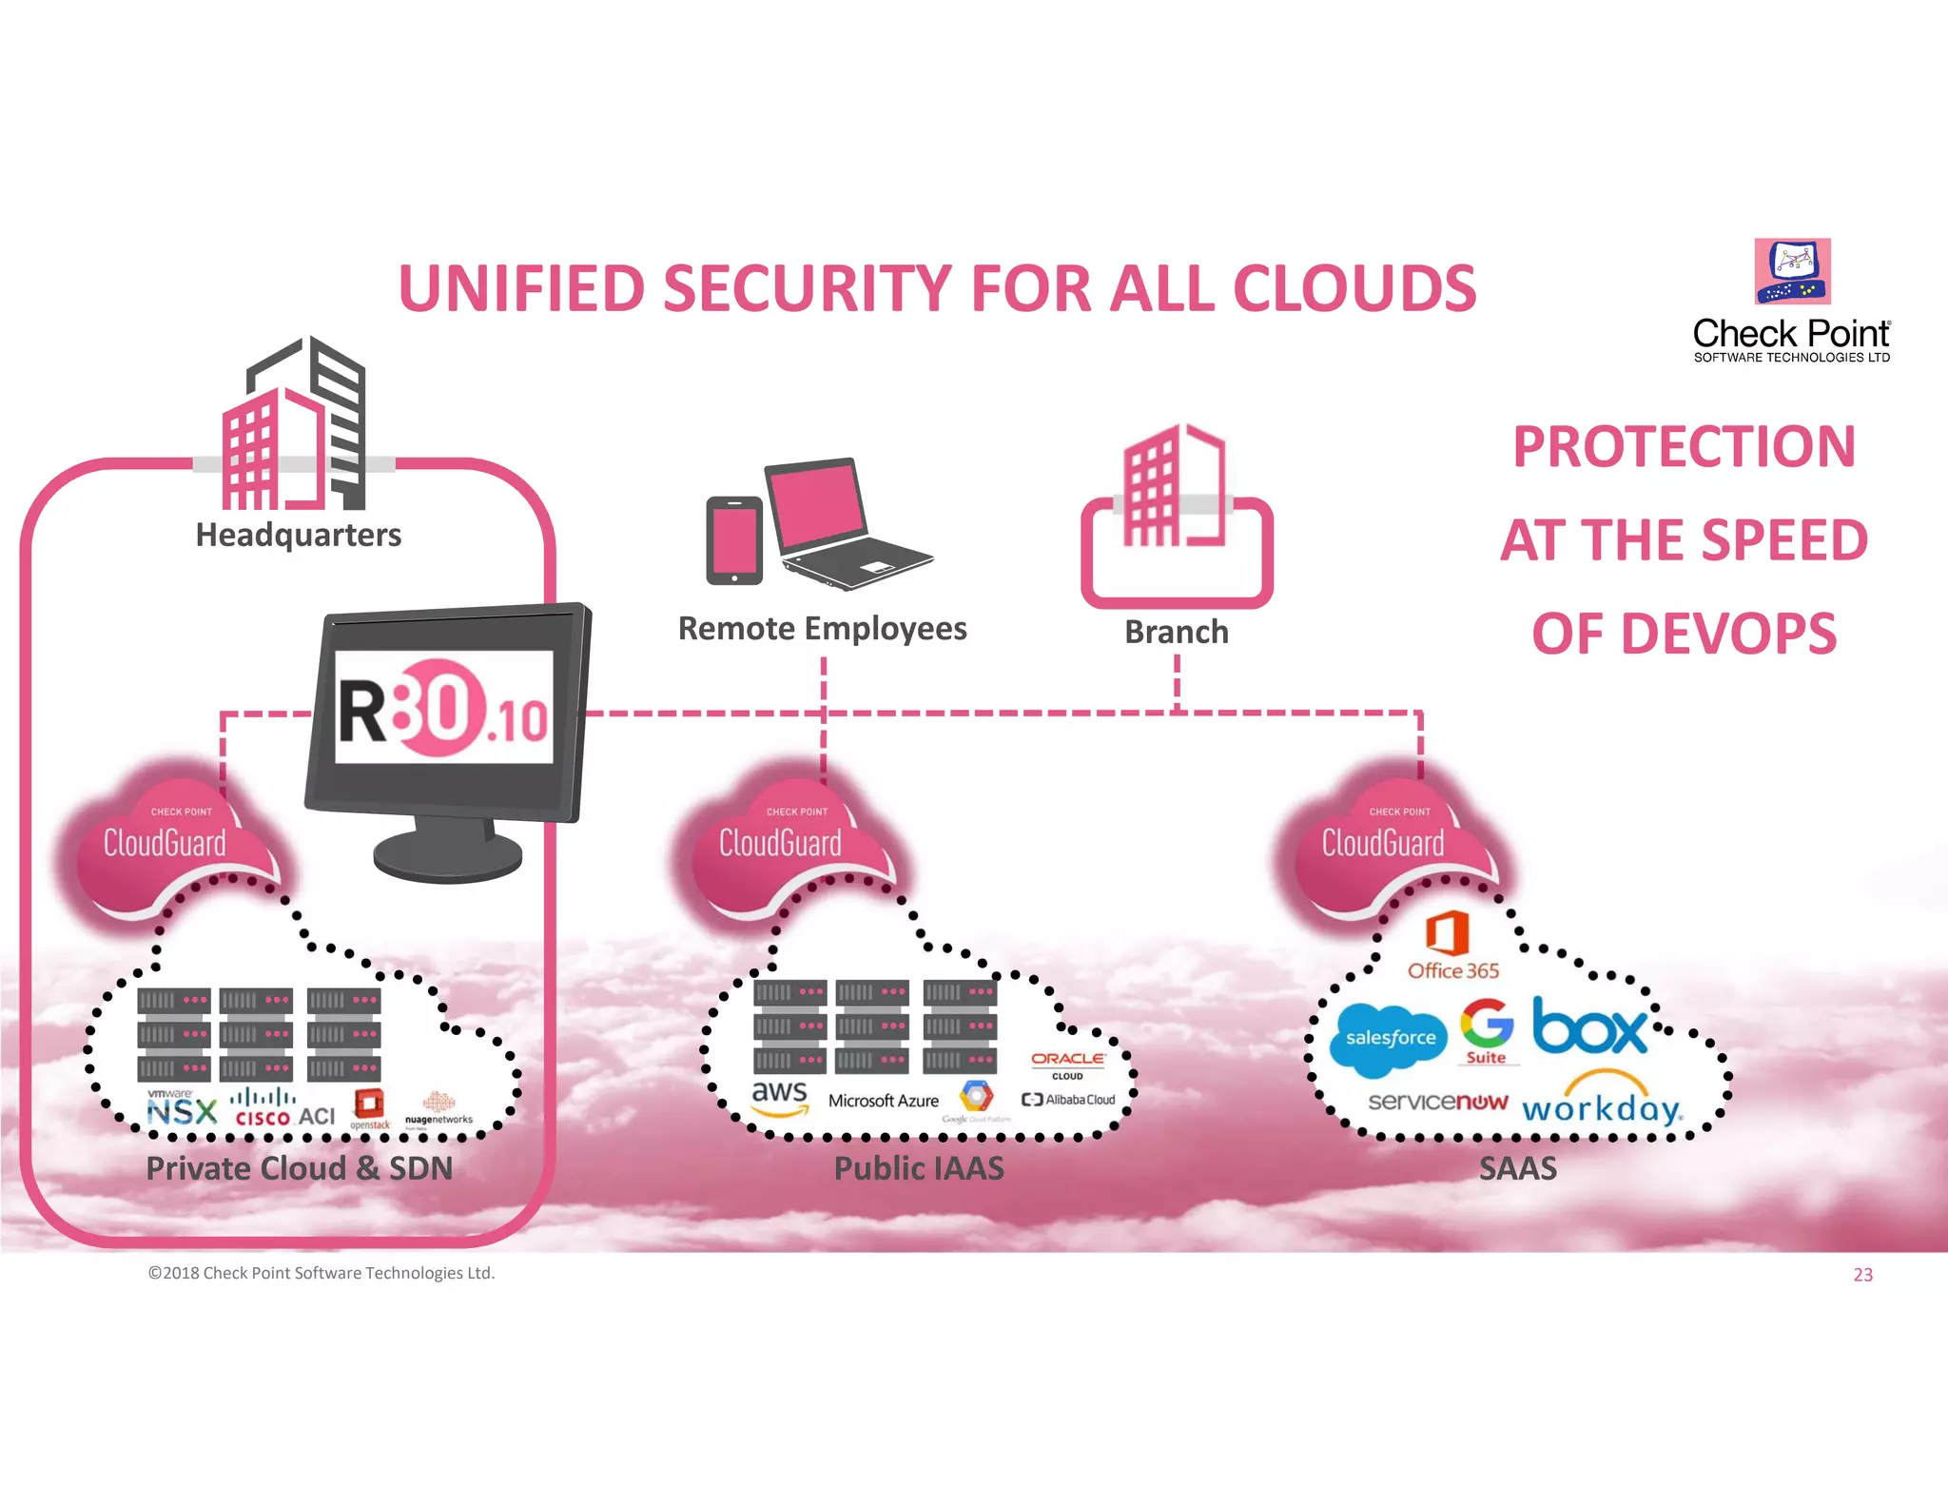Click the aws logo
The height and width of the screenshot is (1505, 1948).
(x=779, y=1096)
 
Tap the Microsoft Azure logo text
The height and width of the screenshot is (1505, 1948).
(x=883, y=1101)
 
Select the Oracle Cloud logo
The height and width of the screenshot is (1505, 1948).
(x=1067, y=1064)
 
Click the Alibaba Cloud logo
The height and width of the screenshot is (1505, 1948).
(x=1068, y=1100)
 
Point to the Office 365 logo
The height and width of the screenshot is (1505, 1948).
(x=1451, y=945)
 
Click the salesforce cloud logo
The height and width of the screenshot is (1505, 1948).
(x=1390, y=1038)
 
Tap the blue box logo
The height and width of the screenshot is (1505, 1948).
(x=1589, y=1027)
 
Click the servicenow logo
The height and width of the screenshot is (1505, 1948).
(x=1437, y=1102)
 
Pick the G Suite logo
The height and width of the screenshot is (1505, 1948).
(x=1487, y=1030)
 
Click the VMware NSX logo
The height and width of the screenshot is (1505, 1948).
(x=181, y=1108)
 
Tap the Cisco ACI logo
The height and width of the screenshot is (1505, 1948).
(x=284, y=1109)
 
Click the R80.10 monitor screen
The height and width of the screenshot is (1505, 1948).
(x=444, y=707)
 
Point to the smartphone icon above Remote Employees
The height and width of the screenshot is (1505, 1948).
(x=734, y=539)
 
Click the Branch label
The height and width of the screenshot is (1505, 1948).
(x=1176, y=632)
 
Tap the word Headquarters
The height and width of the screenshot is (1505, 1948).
(x=298, y=535)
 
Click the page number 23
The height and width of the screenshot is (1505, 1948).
(x=1861, y=1275)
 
